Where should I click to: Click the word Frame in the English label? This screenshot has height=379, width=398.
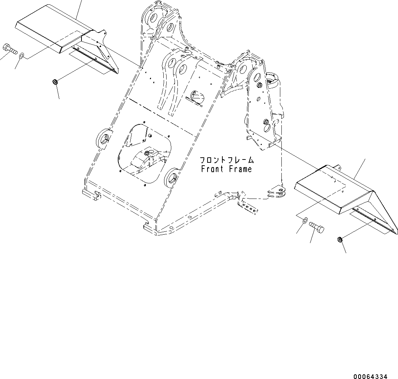(x=240, y=169)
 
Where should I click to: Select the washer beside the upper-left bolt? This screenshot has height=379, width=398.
(x=22, y=56)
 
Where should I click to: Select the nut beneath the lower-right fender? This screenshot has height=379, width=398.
(x=340, y=239)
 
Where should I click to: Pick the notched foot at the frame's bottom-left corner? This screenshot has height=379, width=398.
(x=91, y=195)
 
